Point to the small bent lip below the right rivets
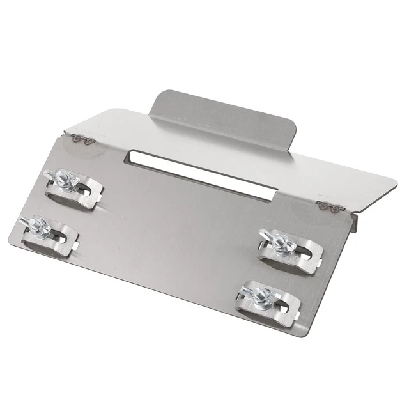click(x=353, y=222)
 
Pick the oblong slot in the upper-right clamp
click(x=307, y=252)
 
